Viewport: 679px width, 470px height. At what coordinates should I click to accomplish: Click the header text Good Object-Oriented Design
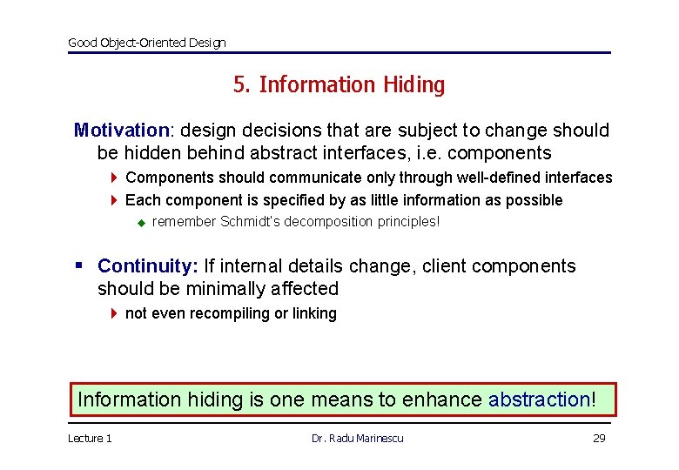(146, 43)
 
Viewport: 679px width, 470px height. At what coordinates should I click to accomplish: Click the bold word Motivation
(121, 131)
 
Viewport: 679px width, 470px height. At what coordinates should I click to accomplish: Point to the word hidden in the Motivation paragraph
(151, 153)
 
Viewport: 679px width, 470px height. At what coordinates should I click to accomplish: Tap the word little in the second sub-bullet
(403, 200)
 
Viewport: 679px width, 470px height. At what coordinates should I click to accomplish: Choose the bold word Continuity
(145, 266)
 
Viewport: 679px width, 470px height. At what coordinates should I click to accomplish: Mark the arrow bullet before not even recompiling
(114, 313)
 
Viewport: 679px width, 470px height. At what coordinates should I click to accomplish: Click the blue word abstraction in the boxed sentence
(539, 399)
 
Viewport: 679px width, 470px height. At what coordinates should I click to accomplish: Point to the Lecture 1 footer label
(90, 439)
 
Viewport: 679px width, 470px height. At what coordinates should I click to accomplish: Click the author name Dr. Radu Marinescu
(357, 439)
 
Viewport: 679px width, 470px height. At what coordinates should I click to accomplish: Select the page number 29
(599, 439)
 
